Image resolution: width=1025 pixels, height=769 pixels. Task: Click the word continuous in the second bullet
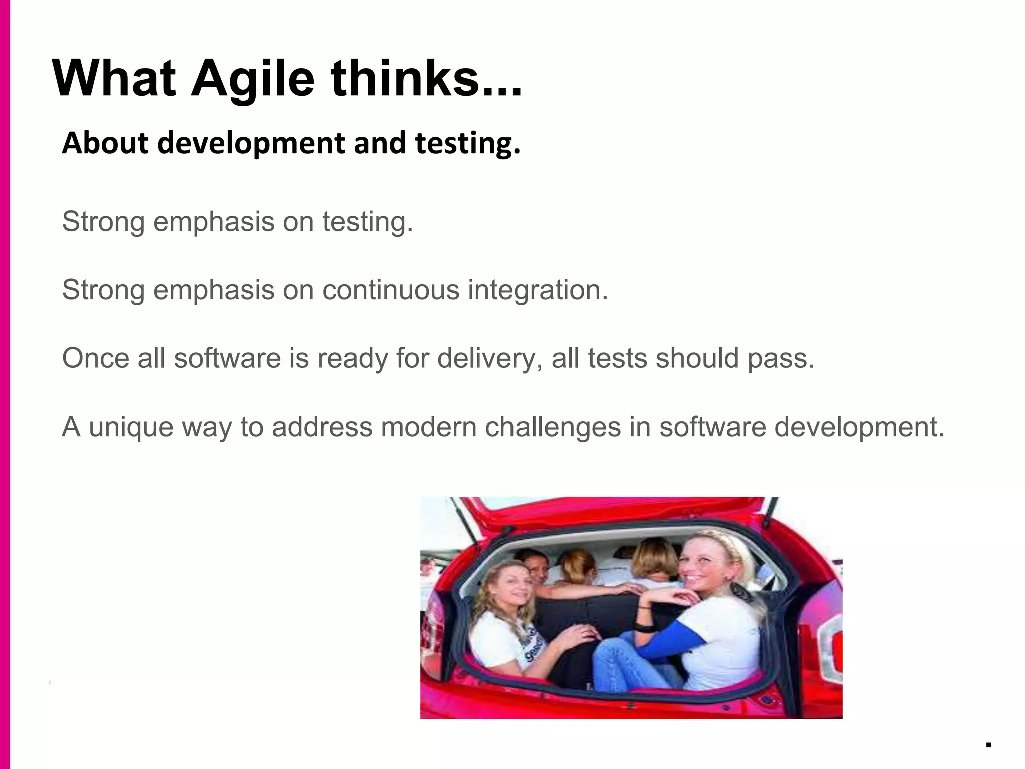pos(391,290)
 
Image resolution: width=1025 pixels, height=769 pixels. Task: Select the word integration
pos(538,291)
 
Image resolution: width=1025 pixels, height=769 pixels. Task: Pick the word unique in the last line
pos(131,428)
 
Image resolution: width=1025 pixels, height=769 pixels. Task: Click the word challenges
pos(553,427)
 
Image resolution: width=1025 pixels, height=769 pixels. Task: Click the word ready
pos(353,359)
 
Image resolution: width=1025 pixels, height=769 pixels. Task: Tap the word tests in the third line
pos(618,359)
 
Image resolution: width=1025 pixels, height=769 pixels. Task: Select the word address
pos(322,427)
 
